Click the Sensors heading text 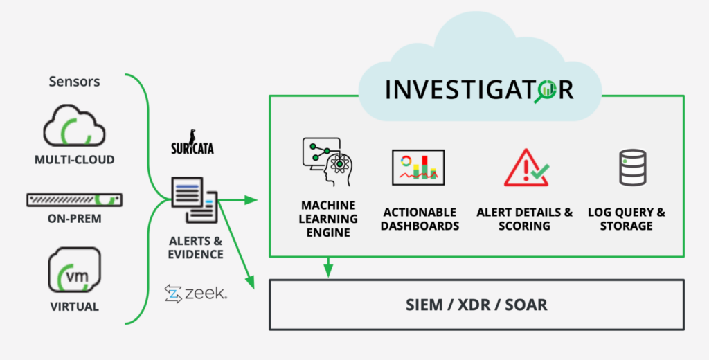pyautogui.click(x=74, y=82)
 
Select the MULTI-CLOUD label pyautogui.click(x=74, y=161)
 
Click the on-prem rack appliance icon pyautogui.click(x=74, y=200)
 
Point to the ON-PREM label pyautogui.click(x=74, y=219)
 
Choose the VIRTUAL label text pyautogui.click(x=74, y=306)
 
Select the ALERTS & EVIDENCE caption pyautogui.click(x=196, y=247)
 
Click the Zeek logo pyautogui.click(x=196, y=294)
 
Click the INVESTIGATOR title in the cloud pyautogui.click(x=479, y=89)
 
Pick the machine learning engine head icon pyautogui.click(x=328, y=162)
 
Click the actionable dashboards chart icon pyautogui.click(x=418, y=168)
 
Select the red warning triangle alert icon pyautogui.click(x=525, y=168)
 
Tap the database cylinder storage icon pyautogui.click(x=632, y=168)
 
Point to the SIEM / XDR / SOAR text pyautogui.click(x=476, y=305)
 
